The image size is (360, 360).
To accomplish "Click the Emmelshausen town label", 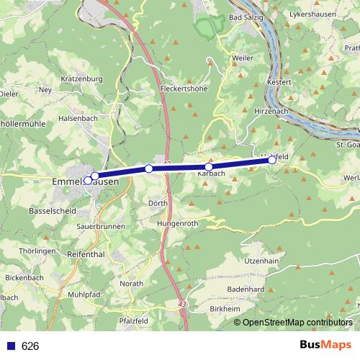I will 87,182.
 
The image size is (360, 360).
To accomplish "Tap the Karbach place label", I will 212,174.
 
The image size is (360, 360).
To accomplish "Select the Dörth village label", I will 158,203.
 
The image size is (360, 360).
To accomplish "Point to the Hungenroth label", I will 176,224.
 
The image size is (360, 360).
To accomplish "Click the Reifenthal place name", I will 85,255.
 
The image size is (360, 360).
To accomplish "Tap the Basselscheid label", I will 52,212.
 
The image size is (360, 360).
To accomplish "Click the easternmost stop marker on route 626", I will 272,160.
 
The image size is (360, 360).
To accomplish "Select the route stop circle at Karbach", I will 209,166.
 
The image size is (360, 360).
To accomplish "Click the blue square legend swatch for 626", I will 11,346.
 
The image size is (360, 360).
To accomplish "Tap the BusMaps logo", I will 325,345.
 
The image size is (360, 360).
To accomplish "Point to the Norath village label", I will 132,284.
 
